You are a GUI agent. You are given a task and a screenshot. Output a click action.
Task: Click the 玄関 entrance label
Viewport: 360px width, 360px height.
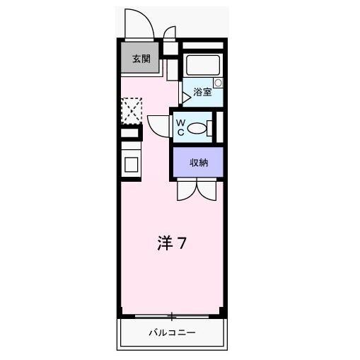coord(139,59)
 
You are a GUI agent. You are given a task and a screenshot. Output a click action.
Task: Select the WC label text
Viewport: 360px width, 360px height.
coord(180,127)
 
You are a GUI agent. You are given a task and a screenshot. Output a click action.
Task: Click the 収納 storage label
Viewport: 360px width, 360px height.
coord(198,163)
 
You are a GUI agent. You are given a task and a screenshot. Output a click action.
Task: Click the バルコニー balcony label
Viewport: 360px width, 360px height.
coord(171,332)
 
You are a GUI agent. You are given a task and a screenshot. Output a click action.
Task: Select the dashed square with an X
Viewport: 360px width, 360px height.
coord(131,110)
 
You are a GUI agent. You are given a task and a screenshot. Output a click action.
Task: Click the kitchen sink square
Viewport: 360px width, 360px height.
coord(132,163)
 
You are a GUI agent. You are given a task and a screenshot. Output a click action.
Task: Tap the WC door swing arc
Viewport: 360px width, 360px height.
coord(157,125)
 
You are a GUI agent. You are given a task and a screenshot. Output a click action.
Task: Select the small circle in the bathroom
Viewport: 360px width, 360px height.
coord(218,83)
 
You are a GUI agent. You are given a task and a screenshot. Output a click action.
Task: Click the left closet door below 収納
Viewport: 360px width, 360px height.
coord(186,190)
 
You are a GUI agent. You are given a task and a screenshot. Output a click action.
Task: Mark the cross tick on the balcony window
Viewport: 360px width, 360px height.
coord(171,316)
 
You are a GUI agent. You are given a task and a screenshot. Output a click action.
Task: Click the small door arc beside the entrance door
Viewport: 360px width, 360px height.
coord(170,33)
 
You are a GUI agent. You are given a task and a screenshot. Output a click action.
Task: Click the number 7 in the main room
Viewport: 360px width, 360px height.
coord(182,244)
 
